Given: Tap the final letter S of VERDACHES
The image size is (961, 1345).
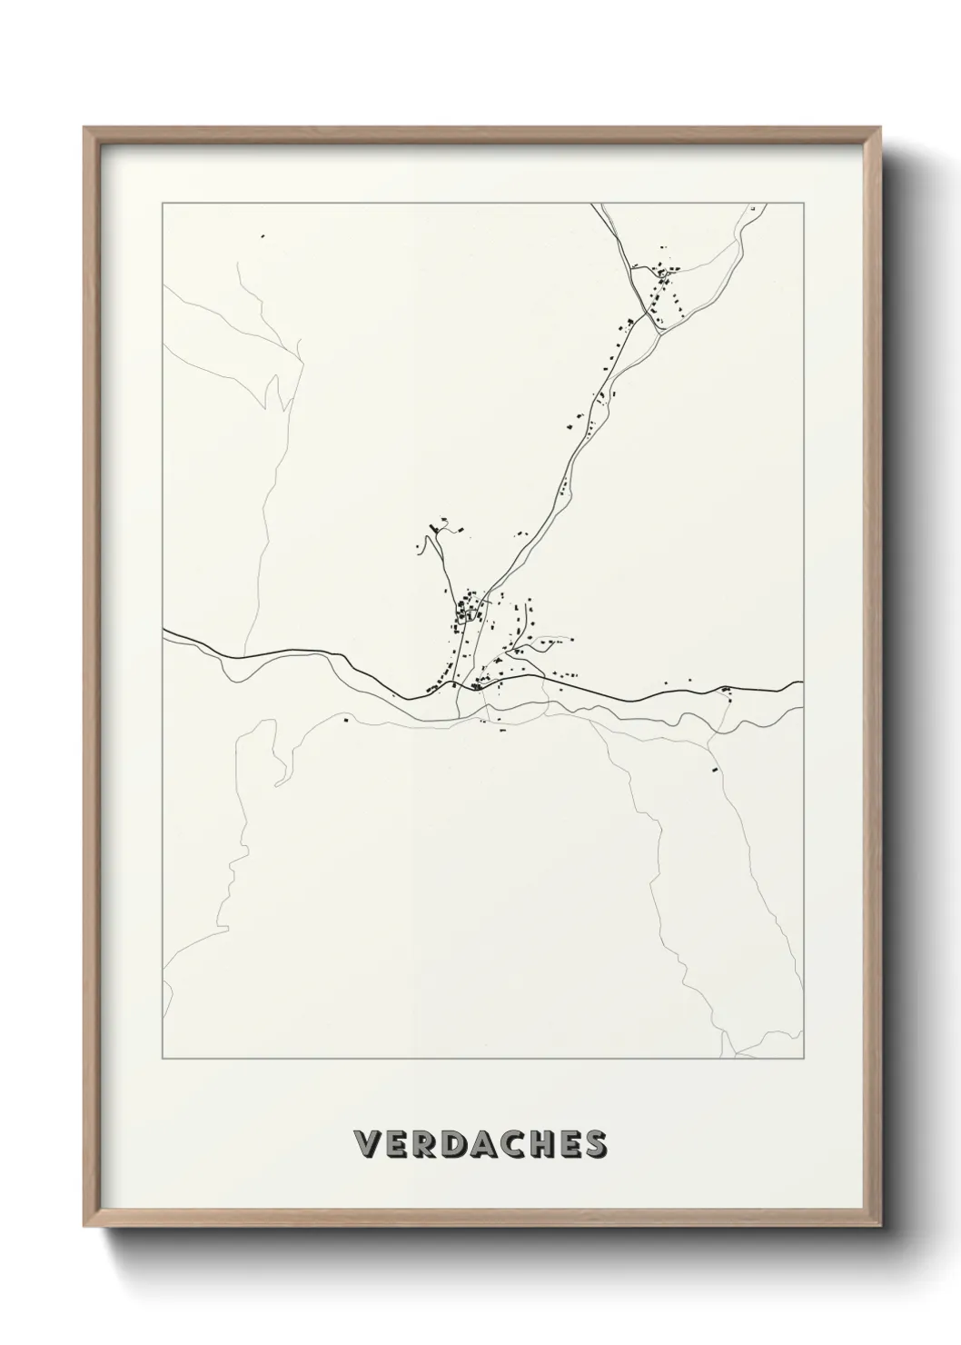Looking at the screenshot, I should [x=596, y=1144].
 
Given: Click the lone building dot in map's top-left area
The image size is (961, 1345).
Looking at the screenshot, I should [x=263, y=237].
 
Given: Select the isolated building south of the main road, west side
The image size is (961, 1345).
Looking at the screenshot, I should [x=346, y=722].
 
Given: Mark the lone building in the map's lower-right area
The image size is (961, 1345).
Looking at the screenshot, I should [x=714, y=770].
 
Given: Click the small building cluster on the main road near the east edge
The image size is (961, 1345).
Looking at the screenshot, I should [x=726, y=692].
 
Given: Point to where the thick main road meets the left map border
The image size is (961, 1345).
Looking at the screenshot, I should [x=163, y=630].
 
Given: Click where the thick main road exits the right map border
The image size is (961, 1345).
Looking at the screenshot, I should [x=802, y=682].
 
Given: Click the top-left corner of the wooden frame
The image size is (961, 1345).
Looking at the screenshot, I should [x=84, y=127].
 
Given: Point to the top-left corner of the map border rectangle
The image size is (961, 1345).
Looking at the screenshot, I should [x=163, y=204].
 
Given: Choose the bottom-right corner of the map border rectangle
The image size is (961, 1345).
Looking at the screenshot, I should [x=803, y=1059].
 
